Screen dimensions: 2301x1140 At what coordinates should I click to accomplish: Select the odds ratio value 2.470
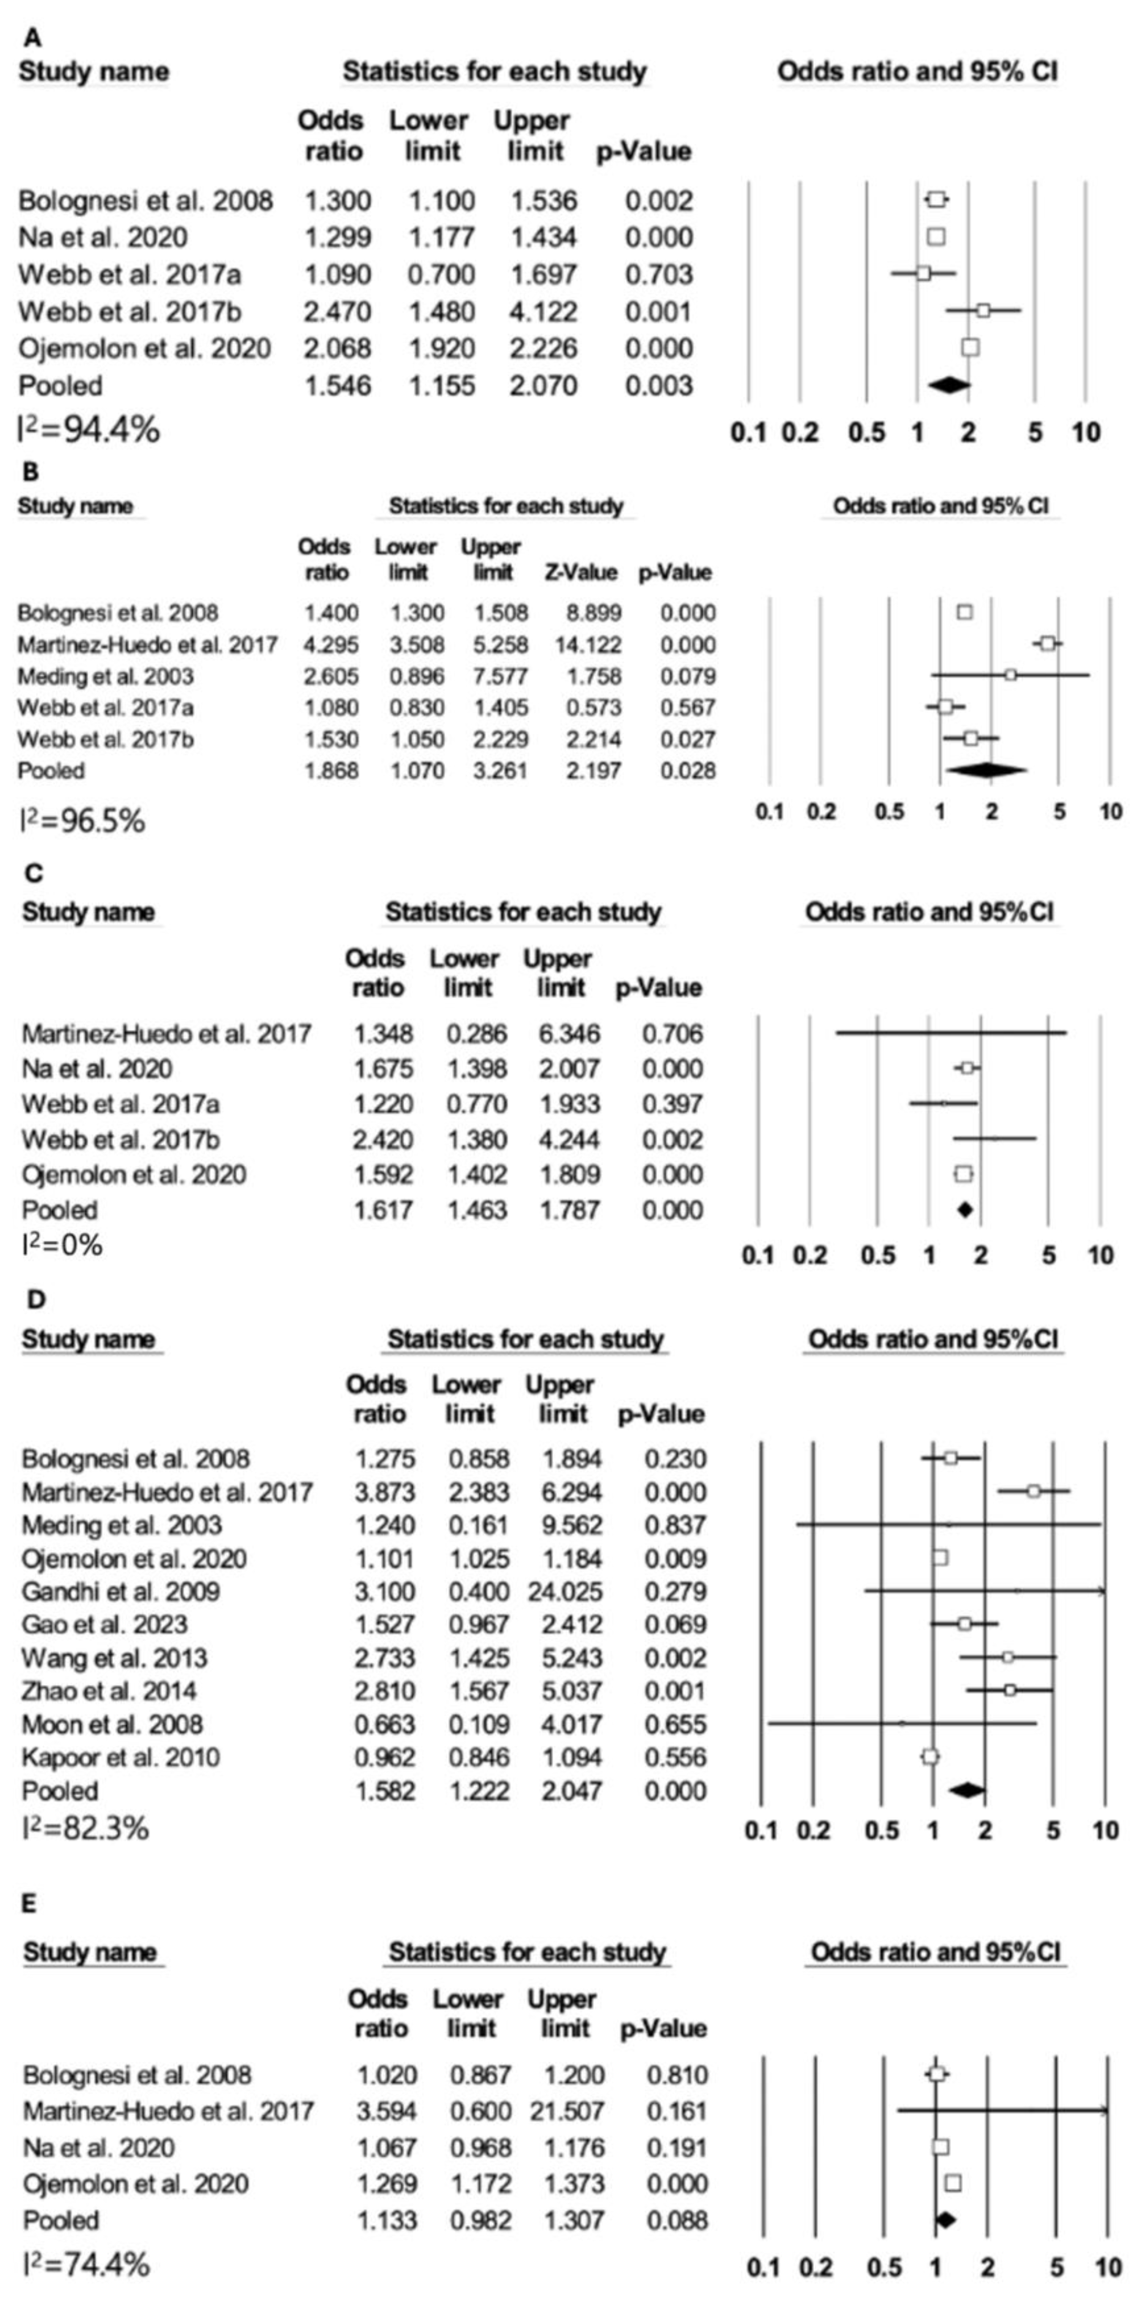[338, 312]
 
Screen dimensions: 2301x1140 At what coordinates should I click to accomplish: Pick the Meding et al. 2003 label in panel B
[106, 676]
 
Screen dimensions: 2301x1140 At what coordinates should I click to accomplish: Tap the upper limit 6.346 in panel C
[570, 1034]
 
